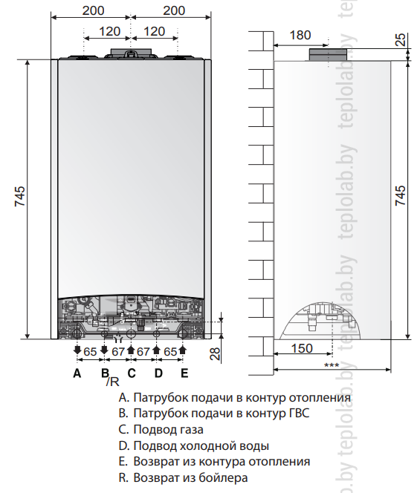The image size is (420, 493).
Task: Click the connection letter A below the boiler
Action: [77, 373]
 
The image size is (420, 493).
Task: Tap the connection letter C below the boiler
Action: [132, 373]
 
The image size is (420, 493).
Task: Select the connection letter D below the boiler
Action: [158, 373]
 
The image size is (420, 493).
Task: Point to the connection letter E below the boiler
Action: [184, 373]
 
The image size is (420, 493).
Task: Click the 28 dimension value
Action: [215, 353]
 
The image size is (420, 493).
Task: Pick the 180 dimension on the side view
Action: [300, 35]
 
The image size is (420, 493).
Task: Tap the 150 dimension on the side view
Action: [302, 348]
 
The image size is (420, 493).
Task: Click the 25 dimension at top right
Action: [401, 39]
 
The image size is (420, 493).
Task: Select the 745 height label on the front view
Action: [20, 197]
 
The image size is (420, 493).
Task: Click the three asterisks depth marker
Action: [332, 365]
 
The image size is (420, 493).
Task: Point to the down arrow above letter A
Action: [77, 350]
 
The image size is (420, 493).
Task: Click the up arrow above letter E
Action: [182, 350]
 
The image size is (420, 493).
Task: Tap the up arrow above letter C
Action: [132, 350]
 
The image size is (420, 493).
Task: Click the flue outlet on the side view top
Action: [328, 55]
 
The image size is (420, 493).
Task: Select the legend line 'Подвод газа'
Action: [161, 429]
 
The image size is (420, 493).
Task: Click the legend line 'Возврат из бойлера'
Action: [183, 477]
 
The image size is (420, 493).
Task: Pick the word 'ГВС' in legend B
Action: [299, 413]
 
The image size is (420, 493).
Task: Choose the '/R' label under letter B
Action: [113, 382]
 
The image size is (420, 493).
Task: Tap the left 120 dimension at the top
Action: [109, 31]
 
